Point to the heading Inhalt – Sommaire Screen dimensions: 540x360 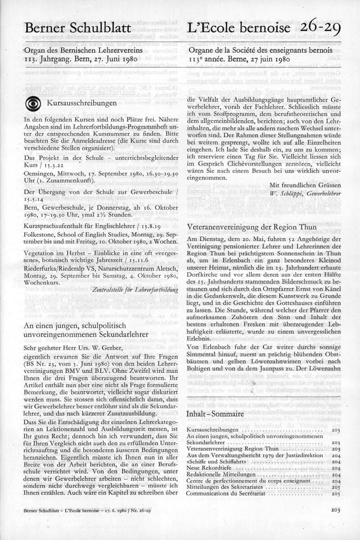tap(215, 414)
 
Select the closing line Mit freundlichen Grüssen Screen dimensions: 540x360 tap(305, 185)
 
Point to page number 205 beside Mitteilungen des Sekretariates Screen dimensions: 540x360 tap(335, 487)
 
